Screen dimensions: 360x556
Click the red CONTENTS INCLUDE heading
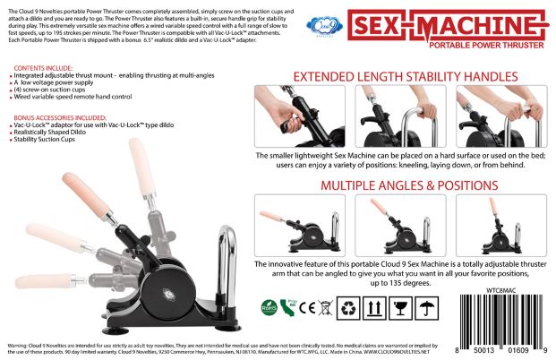point(42,67)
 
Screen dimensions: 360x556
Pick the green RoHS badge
point(269,306)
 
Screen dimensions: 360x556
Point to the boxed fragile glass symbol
point(402,307)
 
